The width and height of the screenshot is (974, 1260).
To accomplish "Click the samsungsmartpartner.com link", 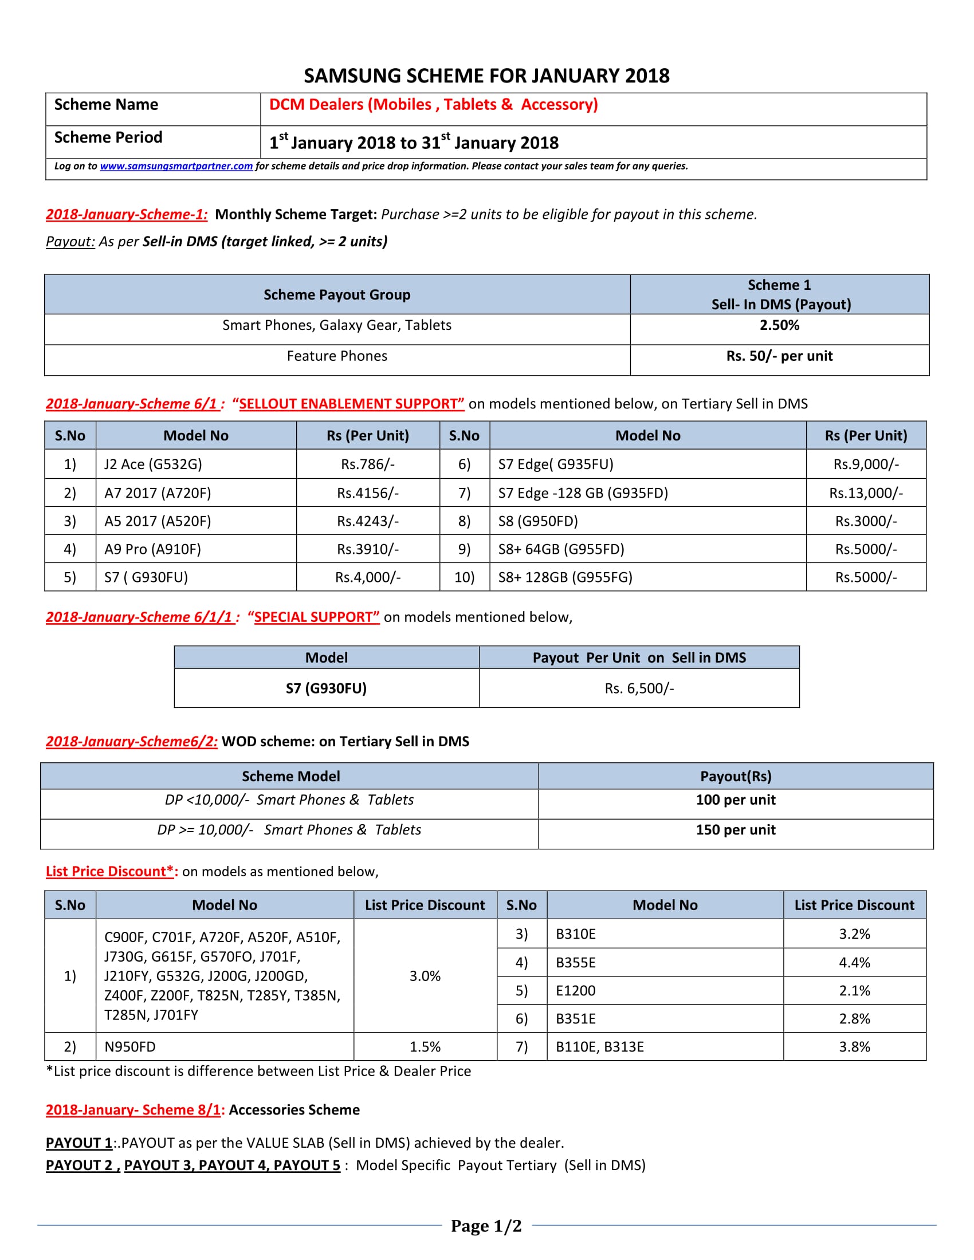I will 176,166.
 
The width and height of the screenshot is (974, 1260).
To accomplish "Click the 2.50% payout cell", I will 779,325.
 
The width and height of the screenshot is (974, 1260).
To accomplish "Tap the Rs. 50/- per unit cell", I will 779,356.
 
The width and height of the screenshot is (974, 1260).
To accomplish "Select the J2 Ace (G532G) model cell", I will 153,464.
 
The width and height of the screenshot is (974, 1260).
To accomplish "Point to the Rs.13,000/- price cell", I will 866,493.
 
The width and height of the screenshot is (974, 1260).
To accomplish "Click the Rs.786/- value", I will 368,464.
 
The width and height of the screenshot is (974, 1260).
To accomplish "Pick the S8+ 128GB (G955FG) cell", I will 565,577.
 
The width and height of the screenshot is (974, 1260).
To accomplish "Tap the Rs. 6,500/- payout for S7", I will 639,688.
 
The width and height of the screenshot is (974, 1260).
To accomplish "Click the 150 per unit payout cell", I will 735,830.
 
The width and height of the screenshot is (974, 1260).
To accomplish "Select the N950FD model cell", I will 130,1047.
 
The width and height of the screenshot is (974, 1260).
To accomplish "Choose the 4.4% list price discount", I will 854,963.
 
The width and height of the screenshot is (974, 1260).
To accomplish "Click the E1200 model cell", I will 575,991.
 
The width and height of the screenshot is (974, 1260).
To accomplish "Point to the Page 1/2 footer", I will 486,1226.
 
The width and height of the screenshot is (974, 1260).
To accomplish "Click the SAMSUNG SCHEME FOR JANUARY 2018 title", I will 486,76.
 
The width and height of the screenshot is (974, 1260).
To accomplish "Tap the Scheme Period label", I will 108,137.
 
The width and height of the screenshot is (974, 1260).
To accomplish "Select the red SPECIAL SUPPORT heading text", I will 316,617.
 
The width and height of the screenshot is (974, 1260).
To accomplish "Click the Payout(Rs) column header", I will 735,777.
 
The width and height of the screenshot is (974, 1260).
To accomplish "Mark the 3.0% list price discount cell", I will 425,976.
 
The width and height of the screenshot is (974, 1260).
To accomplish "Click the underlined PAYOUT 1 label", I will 79,1143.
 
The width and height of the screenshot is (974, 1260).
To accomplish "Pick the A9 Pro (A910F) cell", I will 152,549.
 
